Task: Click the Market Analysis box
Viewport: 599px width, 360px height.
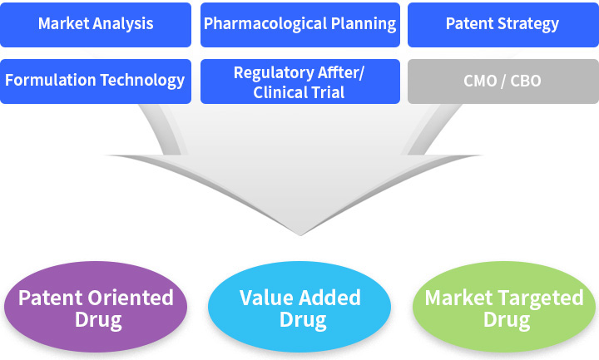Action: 96,25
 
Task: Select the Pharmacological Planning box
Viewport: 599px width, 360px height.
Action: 300,25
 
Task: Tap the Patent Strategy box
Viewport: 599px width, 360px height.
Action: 503,25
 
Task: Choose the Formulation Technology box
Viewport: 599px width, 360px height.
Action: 96,81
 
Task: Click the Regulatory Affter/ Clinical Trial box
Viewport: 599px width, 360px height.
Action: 300,81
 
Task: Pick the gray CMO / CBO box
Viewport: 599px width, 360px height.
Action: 503,81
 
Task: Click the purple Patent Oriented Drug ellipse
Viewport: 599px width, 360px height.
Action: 96,307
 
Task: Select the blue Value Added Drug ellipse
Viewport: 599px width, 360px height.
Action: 299,307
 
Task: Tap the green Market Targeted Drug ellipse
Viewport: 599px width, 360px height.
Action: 504,307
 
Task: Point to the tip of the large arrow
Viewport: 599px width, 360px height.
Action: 300,235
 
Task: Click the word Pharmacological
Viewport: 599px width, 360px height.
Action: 265,24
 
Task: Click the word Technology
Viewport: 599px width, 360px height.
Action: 142,81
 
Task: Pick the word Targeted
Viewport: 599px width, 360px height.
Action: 541,298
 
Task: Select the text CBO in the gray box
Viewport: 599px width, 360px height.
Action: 526,81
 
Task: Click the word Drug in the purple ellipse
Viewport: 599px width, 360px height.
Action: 98,320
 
